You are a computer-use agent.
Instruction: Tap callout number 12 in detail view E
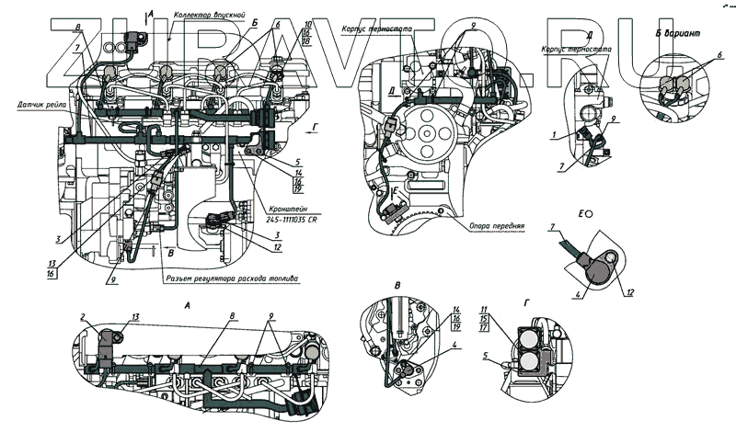[631, 293]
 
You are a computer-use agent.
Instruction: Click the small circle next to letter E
[587, 211]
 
